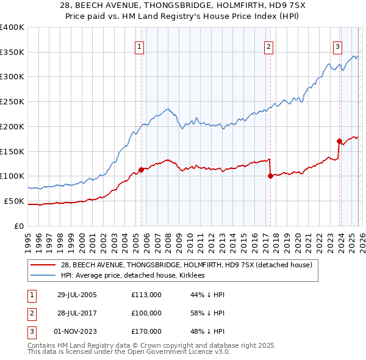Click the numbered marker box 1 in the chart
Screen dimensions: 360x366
click(x=139, y=46)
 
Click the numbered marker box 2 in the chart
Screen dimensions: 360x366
click(x=268, y=46)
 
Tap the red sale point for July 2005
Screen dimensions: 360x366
click(x=141, y=170)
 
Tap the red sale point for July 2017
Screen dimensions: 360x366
click(x=270, y=176)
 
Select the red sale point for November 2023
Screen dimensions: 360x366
click(x=339, y=141)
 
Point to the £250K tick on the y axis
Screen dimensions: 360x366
click(x=12, y=101)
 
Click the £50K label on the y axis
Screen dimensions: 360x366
click(x=13, y=201)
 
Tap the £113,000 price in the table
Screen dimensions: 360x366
click(x=146, y=295)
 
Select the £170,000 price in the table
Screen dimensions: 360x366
click(x=146, y=331)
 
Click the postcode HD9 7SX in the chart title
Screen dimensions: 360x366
click(x=269, y=7)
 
